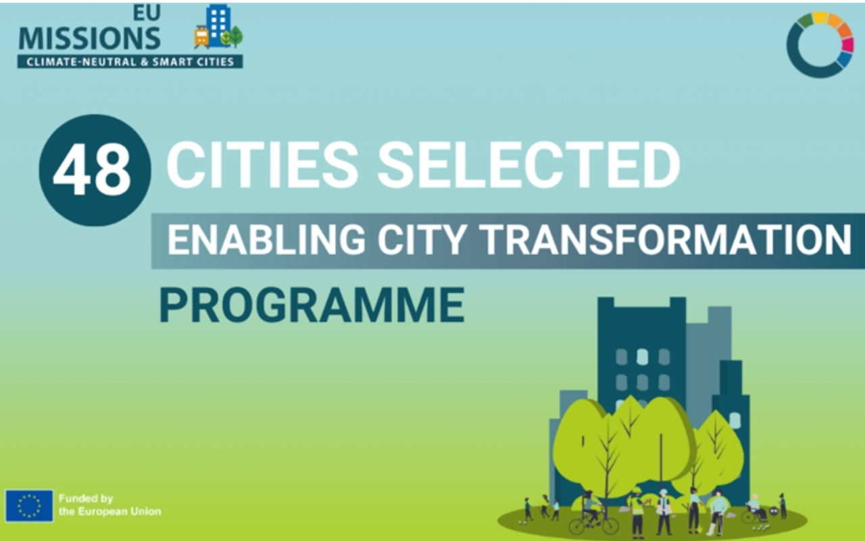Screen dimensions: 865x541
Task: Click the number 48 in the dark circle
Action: (92, 169)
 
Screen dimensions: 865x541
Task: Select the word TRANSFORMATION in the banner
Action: (667, 239)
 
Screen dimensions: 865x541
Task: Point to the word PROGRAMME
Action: (312, 305)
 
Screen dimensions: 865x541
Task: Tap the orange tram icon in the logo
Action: (201, 37)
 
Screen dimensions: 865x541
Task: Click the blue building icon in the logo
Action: (218, 26)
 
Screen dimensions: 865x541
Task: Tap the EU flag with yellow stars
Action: (29, 506)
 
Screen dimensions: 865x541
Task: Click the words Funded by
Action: (86, 499)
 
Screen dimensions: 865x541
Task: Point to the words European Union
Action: (120, 512)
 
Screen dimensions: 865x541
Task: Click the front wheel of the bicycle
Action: (610, 525)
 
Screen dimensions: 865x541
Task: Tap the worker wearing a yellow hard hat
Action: (637, 512)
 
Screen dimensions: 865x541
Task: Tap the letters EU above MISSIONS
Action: (147, 13)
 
